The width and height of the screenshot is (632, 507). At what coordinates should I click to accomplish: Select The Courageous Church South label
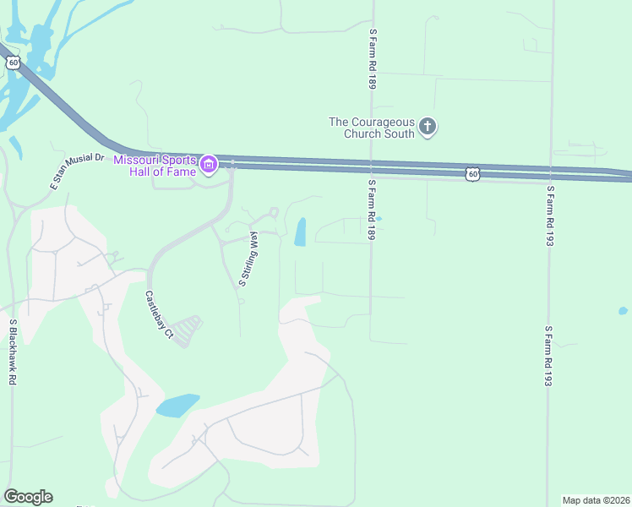[x=372, y=128]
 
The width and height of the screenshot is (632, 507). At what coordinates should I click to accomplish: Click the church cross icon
[x=428, y=128]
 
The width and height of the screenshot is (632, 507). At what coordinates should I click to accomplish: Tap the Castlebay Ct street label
[x=159, y=316]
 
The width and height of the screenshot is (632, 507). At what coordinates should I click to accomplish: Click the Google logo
[x=28, y=497]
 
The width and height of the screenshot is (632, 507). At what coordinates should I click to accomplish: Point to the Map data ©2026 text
[x=596, y=500]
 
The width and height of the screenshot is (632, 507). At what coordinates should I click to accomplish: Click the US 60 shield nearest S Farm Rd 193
[x=473, y=174]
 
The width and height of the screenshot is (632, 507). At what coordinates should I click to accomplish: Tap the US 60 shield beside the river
[x=11, y=63]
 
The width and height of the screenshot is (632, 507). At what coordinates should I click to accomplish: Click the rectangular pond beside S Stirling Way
[x=300, y=232]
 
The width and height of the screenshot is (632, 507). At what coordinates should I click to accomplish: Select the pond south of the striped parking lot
[x=177, y=405]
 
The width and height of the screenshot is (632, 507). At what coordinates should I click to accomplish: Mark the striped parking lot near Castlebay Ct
[x=190, y=330]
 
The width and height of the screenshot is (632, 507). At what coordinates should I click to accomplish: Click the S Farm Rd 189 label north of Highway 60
[x=372, y=57]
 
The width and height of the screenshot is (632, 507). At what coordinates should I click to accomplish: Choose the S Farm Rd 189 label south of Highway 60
[x=371, y=210]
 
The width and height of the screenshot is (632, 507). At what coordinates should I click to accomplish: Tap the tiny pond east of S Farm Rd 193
[x=624, y=311]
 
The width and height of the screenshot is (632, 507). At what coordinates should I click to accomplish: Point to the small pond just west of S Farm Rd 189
[x=378, y=220]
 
